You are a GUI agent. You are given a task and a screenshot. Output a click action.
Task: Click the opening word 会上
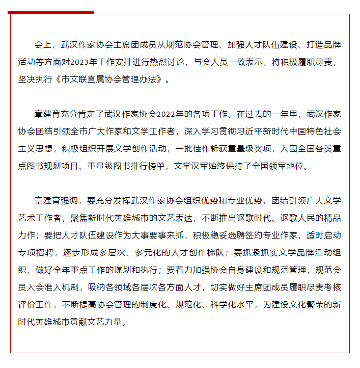tap(40, 45)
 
